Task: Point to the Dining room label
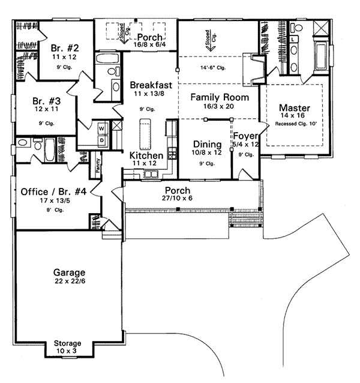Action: click(207, 145)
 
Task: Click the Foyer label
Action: click(245, 136)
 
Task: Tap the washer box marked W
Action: click(101, 128)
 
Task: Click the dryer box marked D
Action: click(101, 140)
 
